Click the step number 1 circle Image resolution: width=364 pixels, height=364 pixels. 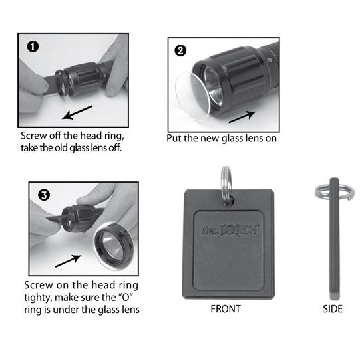pyautogui.click(x=33, y=46)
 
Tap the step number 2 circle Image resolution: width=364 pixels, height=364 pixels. pyautogui.click(x=180, y=50)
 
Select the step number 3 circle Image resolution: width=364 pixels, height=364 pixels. pyautogui.click(x=44, y=195)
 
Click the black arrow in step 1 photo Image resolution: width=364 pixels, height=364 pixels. pyautogui.click(x=77, y=112)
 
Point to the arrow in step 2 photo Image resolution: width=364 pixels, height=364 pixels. pyautogui.click(x=242, y=117)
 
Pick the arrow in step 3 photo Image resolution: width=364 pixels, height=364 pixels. pyautogui.click(x=68, y=261)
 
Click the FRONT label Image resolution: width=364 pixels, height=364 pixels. pyautogui.click(x=226, y=309)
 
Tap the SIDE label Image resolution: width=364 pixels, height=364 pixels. pyautogui.click(x=333, y=309)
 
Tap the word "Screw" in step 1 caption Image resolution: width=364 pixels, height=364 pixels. pyautogui.click(x=33, y=136)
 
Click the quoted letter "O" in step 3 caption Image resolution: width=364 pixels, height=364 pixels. pyautogui.click(x=126, y=297)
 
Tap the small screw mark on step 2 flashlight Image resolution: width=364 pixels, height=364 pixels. pyautogui.click(x=270, y=60)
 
